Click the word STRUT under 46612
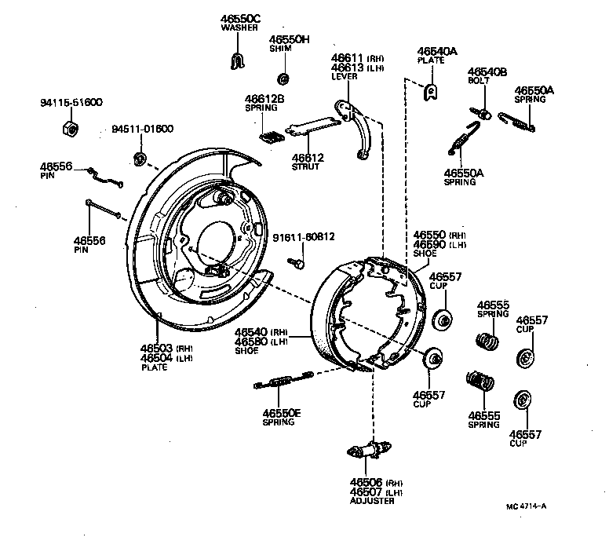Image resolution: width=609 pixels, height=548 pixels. pyautogui.click(x=307, y=166)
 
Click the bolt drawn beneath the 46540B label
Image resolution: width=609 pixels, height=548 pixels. pyautogui.click(x=484, y=114)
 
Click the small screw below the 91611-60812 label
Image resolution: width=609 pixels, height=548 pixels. pyautogui.click(x=300, y=265)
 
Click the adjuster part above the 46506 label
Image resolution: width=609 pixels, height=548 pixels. pyautogui.click(x=366, y=451)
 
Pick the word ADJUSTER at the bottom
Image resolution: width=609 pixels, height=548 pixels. pyautogui.click(x=370, y=502)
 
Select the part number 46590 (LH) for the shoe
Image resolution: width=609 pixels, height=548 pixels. pyautogui.click(x=439, y=244)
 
